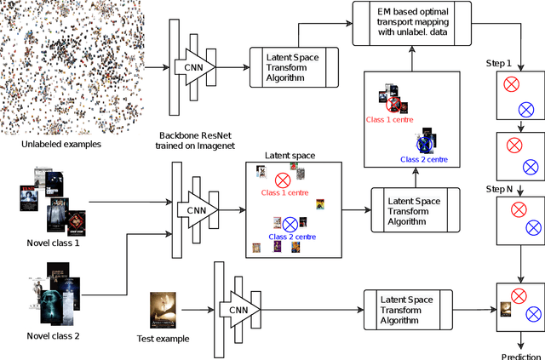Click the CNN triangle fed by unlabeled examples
(192, 66)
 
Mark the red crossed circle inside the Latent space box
(283, 180)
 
